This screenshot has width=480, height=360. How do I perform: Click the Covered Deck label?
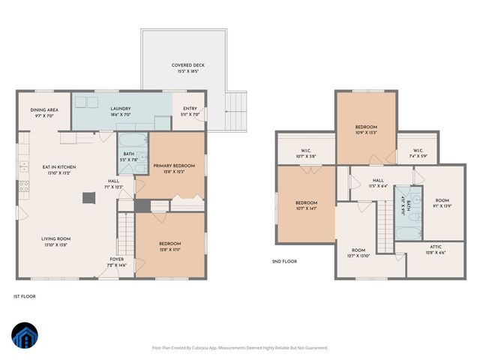(x=187, y=68)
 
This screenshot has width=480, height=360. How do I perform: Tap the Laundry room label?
(x=121, y=111)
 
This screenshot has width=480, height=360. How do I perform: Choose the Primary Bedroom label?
(x=174, y=168)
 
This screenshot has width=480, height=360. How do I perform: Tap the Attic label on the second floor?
(x=436, y=250)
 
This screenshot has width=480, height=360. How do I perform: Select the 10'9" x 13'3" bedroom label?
(x=366, y=130)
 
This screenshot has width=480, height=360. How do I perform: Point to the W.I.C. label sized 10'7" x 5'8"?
(x=306, y=153)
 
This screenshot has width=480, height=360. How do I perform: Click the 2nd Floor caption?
(x=284, y=262)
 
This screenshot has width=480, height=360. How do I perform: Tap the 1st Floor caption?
(x=25, y=296)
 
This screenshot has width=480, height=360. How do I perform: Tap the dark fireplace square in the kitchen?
(x=89, y=198)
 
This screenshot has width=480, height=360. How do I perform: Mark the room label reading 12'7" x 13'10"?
(x=358, y=253)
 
